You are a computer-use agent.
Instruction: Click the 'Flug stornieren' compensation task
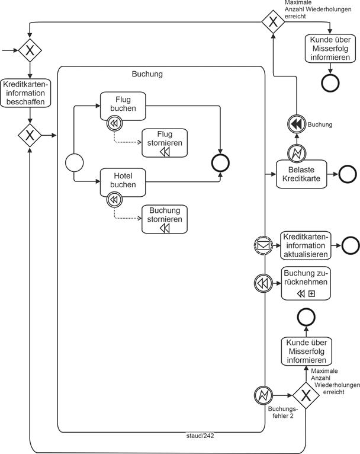click(x=165, y=143)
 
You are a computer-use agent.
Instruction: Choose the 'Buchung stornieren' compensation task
click(x=165, y=219)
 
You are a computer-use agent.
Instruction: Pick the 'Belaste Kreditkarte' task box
click(x=301, y=174)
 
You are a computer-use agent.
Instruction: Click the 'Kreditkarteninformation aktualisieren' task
click(x=304, y=245)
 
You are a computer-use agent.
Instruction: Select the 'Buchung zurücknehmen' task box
click(x=305, y=283)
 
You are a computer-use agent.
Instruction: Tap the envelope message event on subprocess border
click(x=263, y=245)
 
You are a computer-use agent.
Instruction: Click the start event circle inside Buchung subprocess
click(x=74, y=162)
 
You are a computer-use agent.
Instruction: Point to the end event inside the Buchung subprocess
click(x=221, y=162)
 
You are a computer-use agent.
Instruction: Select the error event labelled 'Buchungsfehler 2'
click(x=263, y=395)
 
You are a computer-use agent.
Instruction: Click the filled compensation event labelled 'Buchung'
click(x=295, y=124)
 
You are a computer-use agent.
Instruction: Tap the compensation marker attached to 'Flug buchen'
click(x=114, y=124)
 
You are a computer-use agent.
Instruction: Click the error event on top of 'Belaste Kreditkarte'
click(x=295, y=152)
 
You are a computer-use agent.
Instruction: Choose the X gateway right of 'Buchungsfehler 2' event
click(x=306, y=395)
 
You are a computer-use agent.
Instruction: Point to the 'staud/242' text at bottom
click(x=200, y=436)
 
